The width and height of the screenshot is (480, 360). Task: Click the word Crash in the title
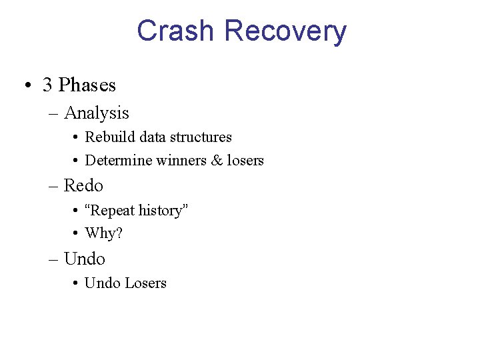[x=176, y=31]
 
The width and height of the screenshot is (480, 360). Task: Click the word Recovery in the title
[x=285, y=31]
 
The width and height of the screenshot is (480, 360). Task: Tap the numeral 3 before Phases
[x=47, y=85]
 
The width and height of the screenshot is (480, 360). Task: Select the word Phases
[x=87, y=85]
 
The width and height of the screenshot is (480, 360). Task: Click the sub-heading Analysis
[x=96, y=113]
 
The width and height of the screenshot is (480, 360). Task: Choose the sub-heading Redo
[x=83, y=185]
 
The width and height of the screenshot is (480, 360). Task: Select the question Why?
[x=104, y=233]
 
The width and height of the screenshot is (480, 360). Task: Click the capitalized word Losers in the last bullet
[x=145, y=283]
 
